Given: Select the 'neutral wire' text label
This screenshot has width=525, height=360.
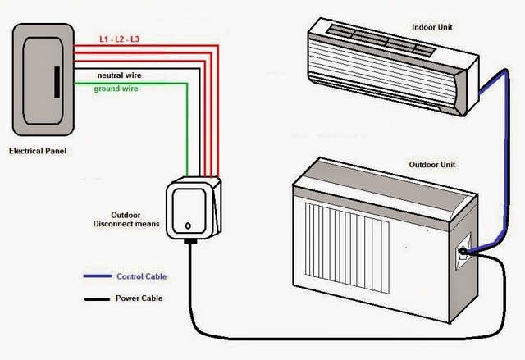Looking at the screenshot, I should click(x=118, y=74).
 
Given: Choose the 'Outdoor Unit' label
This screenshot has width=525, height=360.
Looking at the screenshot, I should click(x=431, y=165).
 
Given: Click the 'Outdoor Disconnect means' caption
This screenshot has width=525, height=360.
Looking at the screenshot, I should click(x=130, y=219).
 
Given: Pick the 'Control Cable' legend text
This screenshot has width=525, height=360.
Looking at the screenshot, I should click(x=141, y=276).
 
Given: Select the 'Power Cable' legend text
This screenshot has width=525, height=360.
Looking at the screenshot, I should click(x=139, y=298).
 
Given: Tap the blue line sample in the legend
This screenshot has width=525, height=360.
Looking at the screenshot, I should click(x=97, y=277).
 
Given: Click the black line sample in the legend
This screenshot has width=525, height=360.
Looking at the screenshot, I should click(x=97, y=299).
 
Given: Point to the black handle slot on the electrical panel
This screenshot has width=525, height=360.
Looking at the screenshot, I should click(x=55, y=84).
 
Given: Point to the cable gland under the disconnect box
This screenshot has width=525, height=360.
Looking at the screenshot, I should click(x=190, y=242).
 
